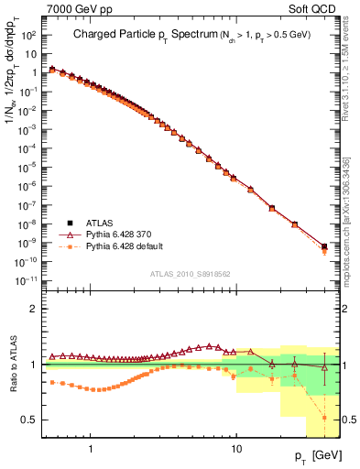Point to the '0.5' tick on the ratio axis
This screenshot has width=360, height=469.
tap(32, 420)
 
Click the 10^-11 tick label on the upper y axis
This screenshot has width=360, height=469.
tap(27, 279)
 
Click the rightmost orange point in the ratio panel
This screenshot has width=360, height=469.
tap(324, 418)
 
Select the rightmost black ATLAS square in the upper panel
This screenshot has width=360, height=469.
tap(324, 246)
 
